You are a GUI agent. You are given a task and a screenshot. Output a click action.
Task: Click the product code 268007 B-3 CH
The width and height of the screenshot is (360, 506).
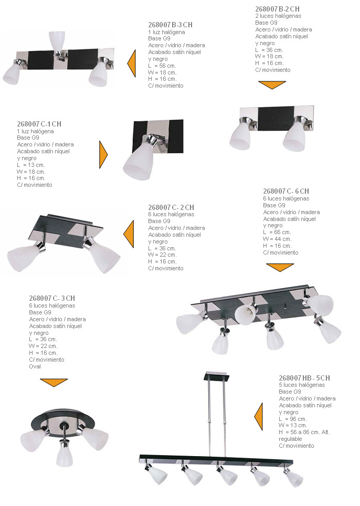[170, 25]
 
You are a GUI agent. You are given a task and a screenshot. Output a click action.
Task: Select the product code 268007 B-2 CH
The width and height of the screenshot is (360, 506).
[277, 9]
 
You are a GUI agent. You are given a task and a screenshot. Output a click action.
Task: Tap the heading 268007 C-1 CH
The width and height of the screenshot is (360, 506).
[39, 124]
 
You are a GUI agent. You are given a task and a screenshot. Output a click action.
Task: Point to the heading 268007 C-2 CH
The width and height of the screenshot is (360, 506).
[171, 207]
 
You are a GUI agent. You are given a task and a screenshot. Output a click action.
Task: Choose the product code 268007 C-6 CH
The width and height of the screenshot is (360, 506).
[286, 191]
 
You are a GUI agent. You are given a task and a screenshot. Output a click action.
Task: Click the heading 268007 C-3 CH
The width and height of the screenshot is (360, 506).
[52, 299]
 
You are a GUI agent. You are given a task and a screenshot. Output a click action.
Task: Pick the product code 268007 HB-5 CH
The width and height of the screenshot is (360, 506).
[304, 378]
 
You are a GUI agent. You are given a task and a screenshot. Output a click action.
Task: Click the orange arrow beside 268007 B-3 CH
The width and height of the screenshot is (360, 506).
[132, 63]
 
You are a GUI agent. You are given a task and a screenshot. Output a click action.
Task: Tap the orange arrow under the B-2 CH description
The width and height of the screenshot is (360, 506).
[272, 85]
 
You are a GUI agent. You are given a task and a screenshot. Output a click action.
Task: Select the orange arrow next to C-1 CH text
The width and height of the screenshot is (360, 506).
[103, 154]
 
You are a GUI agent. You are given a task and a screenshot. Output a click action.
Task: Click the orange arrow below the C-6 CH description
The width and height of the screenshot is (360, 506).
[280, 267]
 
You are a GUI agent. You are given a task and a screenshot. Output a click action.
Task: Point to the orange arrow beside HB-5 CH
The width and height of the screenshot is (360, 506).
[258, 417]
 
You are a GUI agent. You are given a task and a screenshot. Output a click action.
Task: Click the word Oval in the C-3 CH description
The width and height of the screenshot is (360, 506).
[35, 366]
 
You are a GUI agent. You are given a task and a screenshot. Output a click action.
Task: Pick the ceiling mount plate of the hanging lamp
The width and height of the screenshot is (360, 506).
[217, 377]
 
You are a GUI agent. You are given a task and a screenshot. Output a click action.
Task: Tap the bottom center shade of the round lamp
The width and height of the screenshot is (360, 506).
[64, 454]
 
